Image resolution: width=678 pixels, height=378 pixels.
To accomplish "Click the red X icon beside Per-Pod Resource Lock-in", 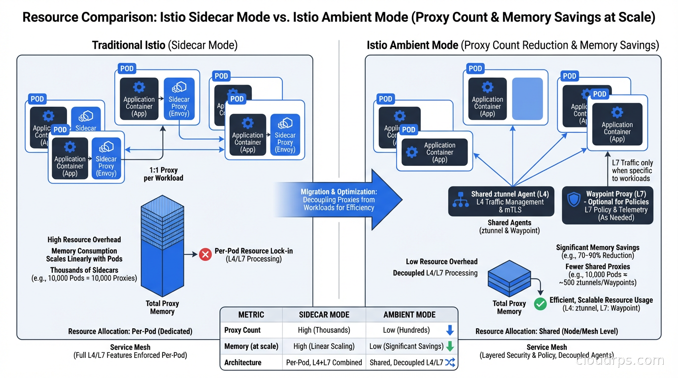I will (x=205, y=254).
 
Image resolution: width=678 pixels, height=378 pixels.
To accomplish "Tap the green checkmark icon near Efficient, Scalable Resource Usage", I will (x=541, y=304).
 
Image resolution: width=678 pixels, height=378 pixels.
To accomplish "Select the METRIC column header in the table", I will (x=251, y=315).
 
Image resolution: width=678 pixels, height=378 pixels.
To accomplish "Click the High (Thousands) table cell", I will (x=324, y=330).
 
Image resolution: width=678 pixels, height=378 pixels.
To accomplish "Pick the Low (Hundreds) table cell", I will (x=406, y=330).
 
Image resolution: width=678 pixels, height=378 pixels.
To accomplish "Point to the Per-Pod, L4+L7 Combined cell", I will (x=324, y=362).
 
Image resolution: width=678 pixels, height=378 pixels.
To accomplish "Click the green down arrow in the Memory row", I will (x=449, y=346).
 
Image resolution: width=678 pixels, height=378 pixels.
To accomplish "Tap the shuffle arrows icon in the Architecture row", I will (x=449, y=362).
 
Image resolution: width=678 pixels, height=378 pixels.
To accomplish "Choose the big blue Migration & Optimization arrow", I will (x=340, y=200).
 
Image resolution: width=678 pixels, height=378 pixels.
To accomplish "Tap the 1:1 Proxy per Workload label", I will (x=163, y=174).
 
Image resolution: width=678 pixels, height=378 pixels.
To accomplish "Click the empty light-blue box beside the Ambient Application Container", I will (x=527, y=99).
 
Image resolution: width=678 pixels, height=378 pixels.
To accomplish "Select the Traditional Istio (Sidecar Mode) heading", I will (x=165, y=45).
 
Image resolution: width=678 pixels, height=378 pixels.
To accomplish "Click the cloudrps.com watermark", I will (x=620, y=361).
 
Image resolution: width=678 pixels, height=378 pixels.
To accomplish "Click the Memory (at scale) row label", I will (x=251, y=346).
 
